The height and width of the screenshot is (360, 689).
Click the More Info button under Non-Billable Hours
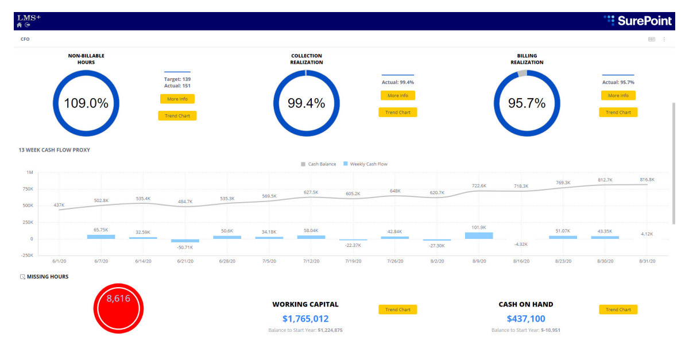click(x=177, y=99)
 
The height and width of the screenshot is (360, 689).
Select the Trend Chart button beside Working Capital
click(x=397, y=309)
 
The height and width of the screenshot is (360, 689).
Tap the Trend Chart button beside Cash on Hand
click(x=618, y=309)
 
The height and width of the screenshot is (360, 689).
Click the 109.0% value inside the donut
click(x=86, y=103)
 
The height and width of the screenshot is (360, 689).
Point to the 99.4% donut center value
click(x=306, y=103)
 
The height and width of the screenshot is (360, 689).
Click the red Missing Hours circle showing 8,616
click(x=118, y=308)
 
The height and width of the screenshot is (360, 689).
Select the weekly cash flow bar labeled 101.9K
click(x=479, y=235)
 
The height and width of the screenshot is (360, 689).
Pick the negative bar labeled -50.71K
click(x=185, y=241)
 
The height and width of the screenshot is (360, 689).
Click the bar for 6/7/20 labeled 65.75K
click(x=101, y=237)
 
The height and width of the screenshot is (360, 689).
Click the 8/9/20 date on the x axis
click(x=479, y=261)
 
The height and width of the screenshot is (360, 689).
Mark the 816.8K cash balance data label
click(x=647, y=180)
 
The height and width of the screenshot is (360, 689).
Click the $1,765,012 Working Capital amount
click(x=305, y=319)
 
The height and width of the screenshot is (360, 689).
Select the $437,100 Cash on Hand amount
click(x=526, y=319)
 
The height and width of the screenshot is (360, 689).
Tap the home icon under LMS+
click(x=20, y=25)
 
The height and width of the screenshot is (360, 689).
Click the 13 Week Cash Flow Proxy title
click(x=54, y=150)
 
